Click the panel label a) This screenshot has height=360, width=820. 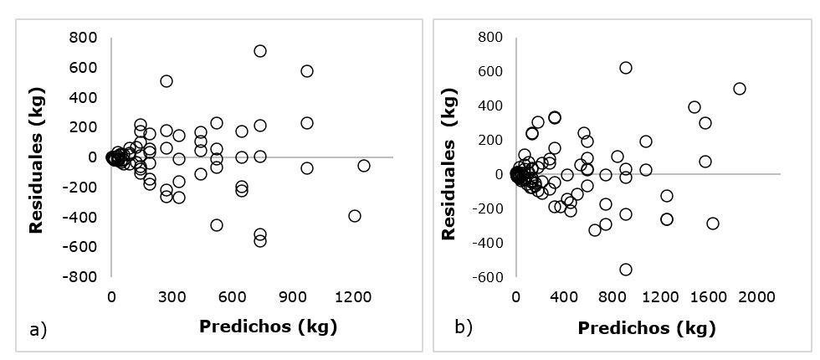tap(38, 330)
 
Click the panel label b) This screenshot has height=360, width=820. tap(464, 327)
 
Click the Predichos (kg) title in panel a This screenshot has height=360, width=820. tap(268, 327)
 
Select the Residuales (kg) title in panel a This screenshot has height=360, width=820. tap(36, 157)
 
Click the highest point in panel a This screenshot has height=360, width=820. tap(260, 51)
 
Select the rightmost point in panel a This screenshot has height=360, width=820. tap(364, 166)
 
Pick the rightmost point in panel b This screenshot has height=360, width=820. tap(740, 89)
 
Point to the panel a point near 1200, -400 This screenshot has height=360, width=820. tap(355, 216)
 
